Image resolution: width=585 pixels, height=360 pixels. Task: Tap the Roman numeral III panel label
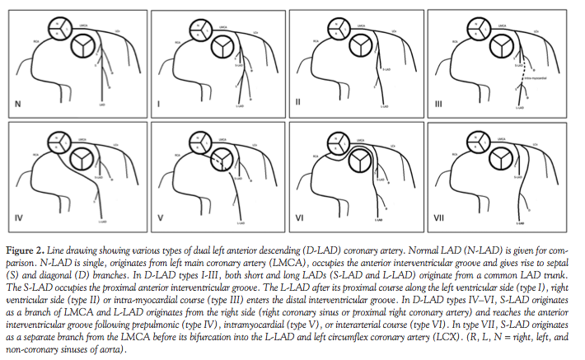(x=440, y=105)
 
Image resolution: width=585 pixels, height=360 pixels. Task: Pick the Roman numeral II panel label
(x=299, y=105)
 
